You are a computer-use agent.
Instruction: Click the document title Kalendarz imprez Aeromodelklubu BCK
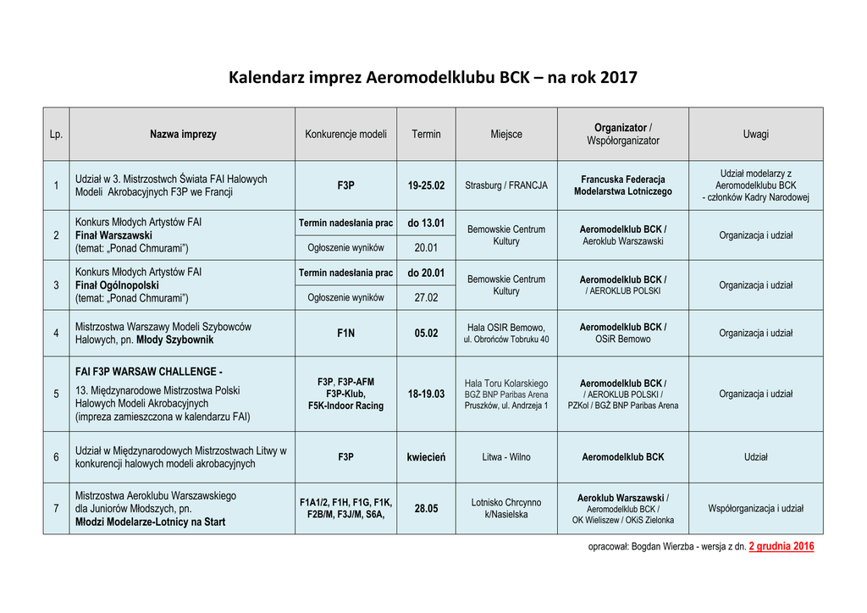coord(433,78)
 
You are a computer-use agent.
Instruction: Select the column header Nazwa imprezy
coord(183,134)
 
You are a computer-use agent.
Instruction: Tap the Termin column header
coord(426,134)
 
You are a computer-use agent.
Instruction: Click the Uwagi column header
coord(755,134)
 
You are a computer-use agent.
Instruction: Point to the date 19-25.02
coord(426,185)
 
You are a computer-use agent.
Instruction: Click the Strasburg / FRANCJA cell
coord(506,185)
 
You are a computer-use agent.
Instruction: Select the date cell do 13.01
coord(426,223)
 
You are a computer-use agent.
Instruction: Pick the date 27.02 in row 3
coord(426,298)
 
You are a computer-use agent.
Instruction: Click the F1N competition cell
coord(345,333)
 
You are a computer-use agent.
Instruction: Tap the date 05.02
coord(426,333)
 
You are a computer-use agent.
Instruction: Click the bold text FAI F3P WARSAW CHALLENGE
coord(149,372)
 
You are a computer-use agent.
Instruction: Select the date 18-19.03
coord(426,394)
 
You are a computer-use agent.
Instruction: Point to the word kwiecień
coord(426,457)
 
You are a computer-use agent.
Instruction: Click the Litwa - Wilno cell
coord(506,457)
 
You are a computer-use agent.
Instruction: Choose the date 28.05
coord(426,509)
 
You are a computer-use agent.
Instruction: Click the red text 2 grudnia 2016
coord(781,546)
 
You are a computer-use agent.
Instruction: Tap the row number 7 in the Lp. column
coord(56,509)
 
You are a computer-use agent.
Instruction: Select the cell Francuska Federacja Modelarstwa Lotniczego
coord(622,185)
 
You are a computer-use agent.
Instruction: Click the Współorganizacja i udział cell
coord(755,509)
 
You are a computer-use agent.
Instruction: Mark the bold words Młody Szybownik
coord(175,340)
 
